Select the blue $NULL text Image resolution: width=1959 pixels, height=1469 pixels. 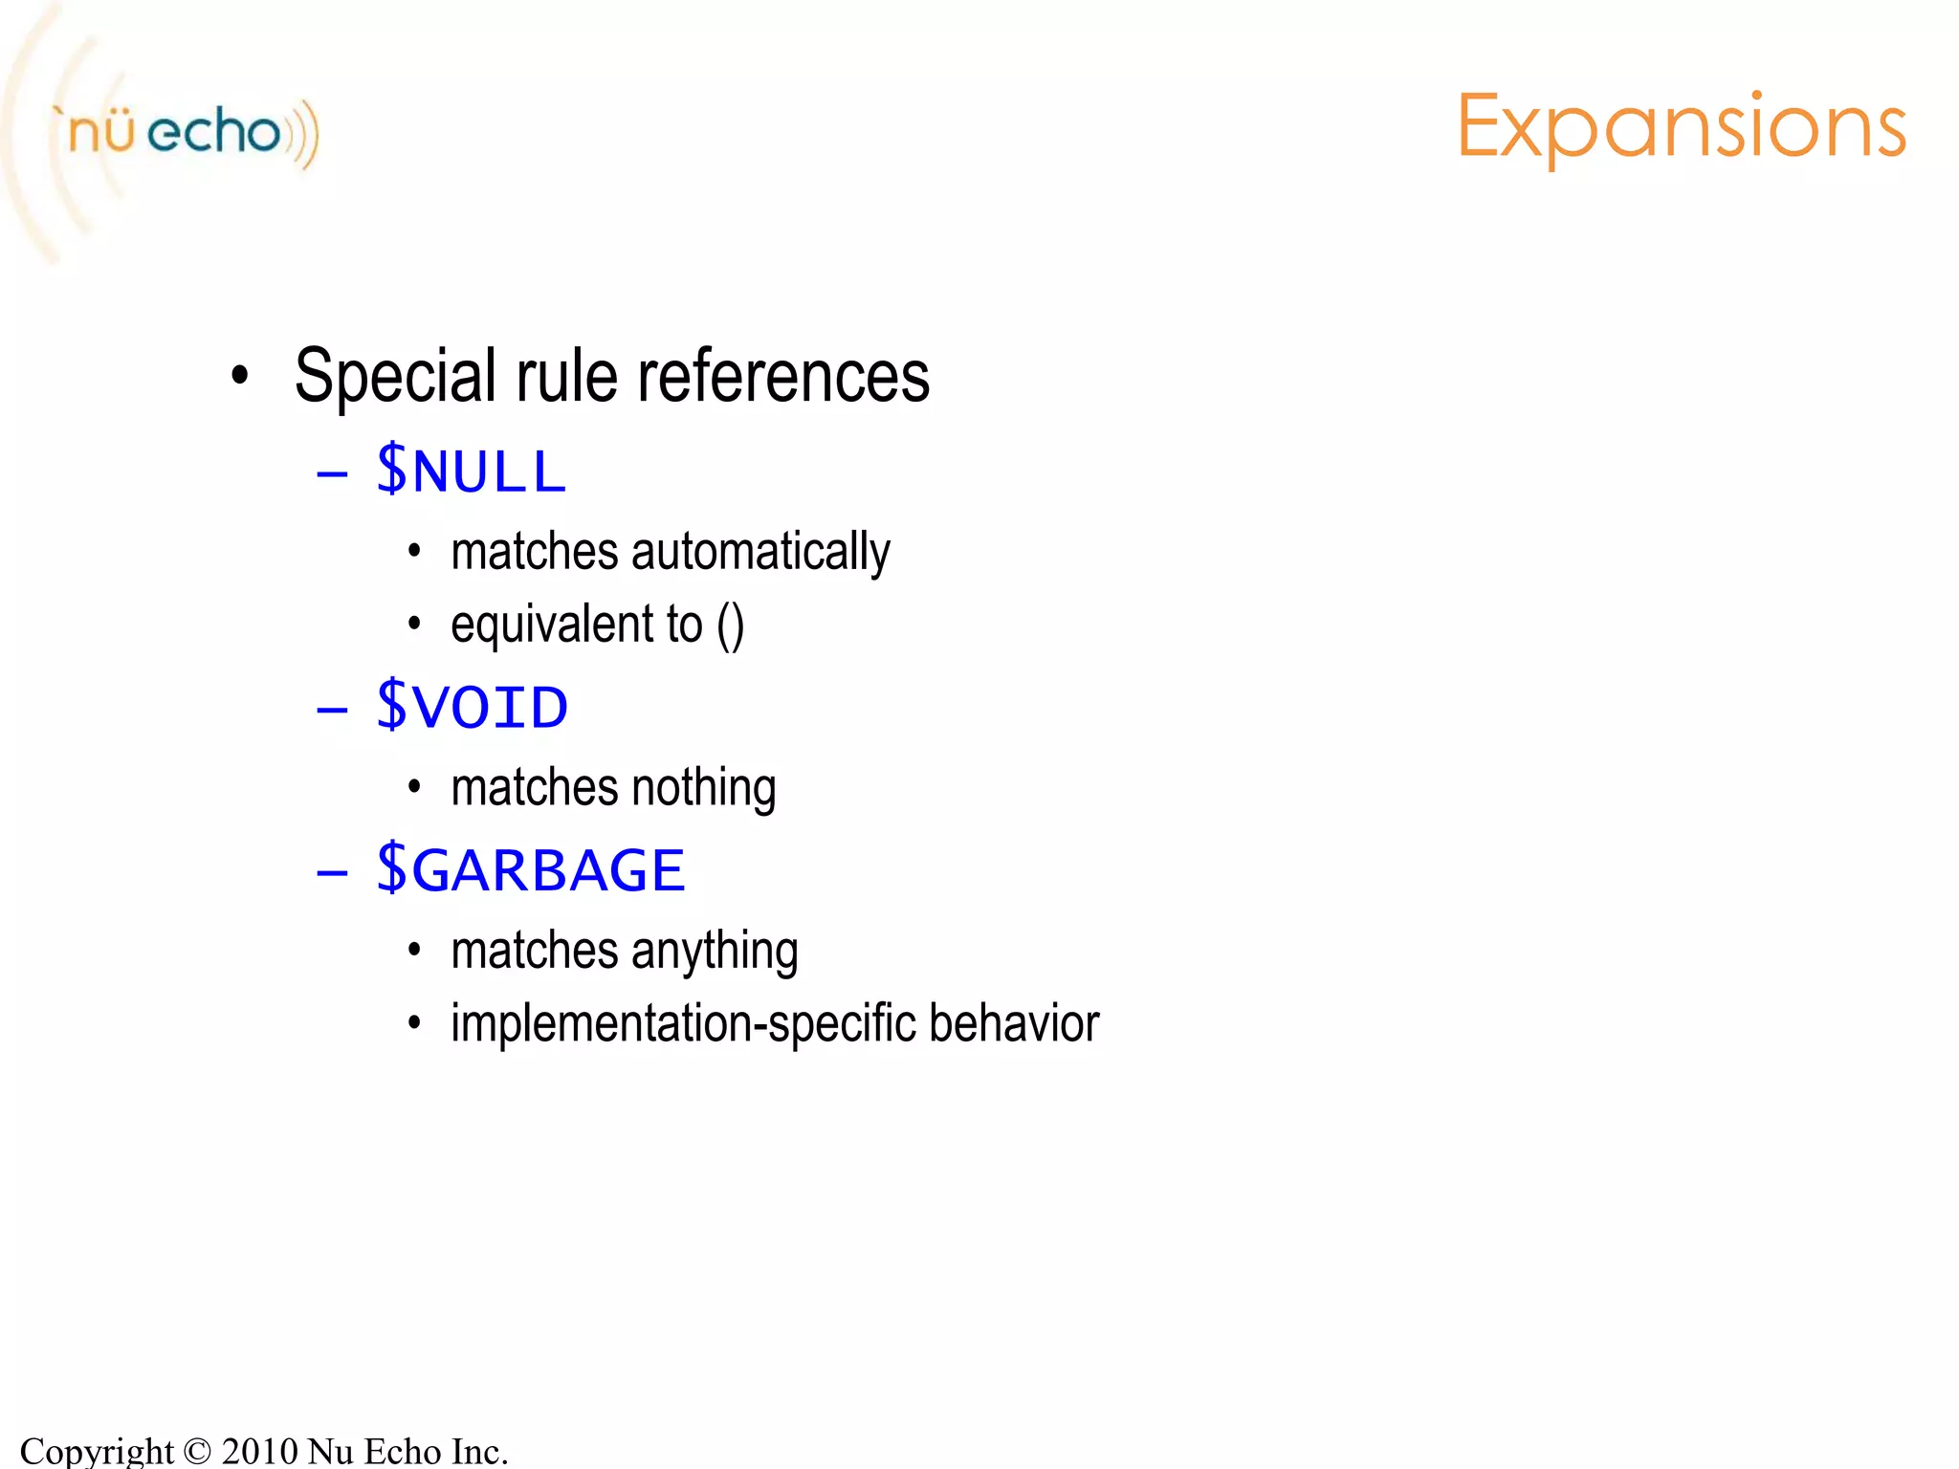click(471, 471)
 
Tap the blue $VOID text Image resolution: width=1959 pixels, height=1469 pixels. click(472, 707)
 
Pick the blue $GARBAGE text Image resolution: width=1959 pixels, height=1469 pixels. click(530, 869)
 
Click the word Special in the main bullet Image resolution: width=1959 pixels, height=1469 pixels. click(395, 377)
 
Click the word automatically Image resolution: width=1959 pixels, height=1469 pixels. click(760, 553)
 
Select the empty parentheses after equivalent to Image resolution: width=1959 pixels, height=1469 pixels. click(730, 625)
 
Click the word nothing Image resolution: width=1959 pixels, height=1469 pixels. click(703, 788)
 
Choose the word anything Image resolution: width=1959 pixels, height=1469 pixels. click(715, 952)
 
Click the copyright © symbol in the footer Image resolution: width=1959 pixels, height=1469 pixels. click(197, 1451)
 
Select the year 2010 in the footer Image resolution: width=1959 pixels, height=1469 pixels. click(260, 1451)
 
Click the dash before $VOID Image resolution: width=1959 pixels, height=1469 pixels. click(332, 711)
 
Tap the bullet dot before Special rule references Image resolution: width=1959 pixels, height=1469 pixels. click(240, 376)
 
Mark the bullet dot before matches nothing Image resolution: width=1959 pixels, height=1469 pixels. click(414, 788)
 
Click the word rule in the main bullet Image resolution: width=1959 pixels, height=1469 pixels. click(566, 377)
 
